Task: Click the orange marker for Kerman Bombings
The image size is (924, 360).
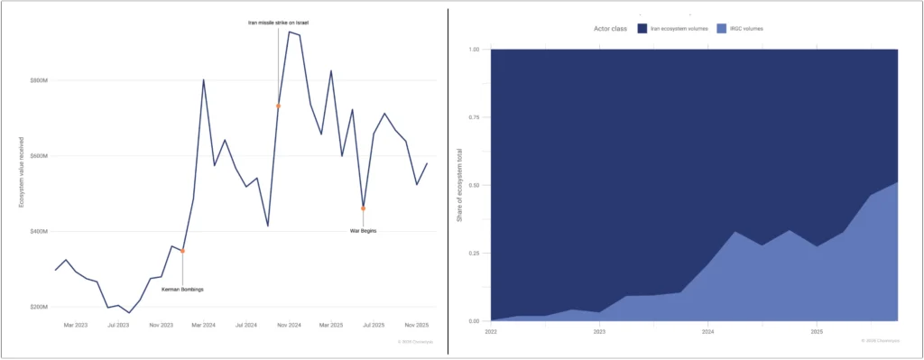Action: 182,251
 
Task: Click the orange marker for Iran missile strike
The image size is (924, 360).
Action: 278,106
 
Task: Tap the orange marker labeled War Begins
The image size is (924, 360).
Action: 363,208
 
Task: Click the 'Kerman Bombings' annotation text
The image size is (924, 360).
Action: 182,289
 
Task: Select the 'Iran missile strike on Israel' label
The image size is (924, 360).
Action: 278,22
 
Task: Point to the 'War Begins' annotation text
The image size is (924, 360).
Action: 363,231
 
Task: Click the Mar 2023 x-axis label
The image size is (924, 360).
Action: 76,324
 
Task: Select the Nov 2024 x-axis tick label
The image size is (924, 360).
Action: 287,324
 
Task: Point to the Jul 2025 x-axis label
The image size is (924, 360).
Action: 373,324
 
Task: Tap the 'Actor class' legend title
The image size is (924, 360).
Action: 611,29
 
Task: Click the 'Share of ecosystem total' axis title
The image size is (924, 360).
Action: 458,184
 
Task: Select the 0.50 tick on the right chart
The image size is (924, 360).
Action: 475,185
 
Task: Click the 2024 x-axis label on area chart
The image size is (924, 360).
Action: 707,331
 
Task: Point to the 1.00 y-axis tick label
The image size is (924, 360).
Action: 475,49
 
